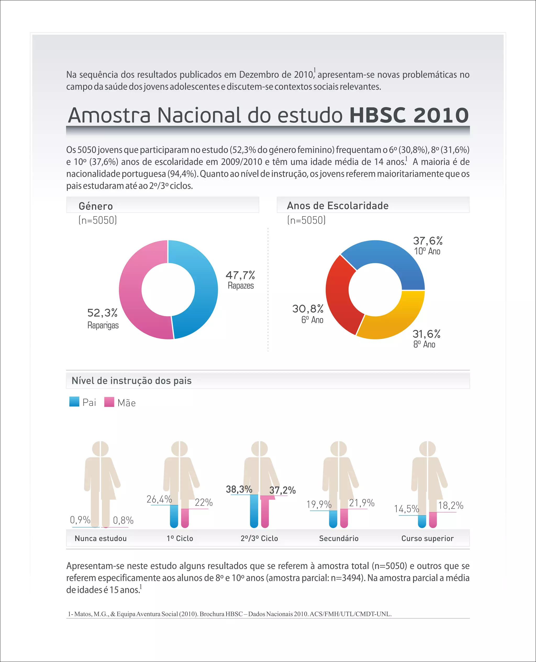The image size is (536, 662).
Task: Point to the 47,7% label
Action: point(240,275)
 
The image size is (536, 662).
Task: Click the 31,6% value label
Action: point(426,334)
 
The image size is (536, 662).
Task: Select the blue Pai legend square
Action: point(74,402)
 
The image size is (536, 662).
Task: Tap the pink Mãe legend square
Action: point(109,402)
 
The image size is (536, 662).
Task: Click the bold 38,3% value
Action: point(239,489)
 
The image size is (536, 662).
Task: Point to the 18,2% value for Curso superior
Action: point(450,506)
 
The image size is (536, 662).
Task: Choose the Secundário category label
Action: point(339,538)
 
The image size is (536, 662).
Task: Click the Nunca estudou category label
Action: point(101,538)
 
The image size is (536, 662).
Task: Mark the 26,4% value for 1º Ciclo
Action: point(159,499)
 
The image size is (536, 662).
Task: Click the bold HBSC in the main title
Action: point(377,115)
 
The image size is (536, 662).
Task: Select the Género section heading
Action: point(96,206)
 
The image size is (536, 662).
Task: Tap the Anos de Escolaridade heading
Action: point(337,206)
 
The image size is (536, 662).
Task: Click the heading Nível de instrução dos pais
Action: point(132,380)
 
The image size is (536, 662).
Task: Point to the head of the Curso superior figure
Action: point(427,448)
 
